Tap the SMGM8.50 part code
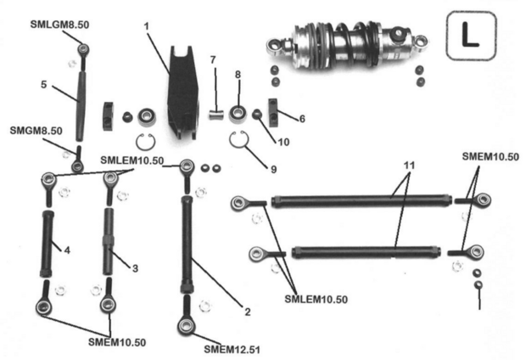click(x=36, y=132)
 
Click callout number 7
click(x=215, y=59)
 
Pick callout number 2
click(x=247, y=312)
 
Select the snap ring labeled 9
click(x=242, y=143)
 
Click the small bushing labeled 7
click(x=216, y=109)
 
